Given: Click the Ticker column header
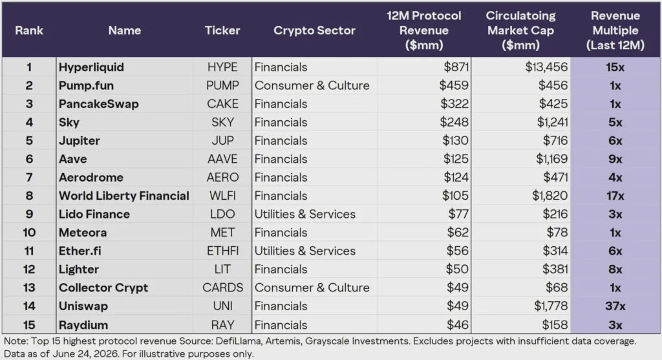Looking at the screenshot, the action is (222, 30).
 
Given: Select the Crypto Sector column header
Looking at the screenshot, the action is (315, 30).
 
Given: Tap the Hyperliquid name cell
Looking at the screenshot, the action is (91, 67).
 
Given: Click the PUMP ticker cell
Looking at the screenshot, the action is (222, 85).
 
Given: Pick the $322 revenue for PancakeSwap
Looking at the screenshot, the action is (454, 104).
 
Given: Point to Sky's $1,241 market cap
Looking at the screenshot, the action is (552, 122).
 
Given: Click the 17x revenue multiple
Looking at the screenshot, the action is (615, 196).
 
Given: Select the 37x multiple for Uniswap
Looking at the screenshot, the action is (615, 306).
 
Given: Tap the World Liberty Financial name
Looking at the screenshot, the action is (123, 196).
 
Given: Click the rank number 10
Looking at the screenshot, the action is (29, 233).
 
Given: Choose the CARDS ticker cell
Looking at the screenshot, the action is (222, 288).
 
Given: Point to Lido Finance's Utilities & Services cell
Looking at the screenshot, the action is (305, 214).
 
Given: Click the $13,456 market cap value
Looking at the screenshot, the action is (546, 67).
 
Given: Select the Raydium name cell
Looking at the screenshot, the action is (83, 325).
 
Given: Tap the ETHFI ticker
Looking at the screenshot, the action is (222, 251).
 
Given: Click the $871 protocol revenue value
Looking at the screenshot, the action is (456, 67).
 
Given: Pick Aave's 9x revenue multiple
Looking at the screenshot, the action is (615, 159).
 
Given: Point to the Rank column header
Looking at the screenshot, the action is (29, 30).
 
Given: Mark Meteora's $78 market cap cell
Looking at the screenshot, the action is (557, 233).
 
